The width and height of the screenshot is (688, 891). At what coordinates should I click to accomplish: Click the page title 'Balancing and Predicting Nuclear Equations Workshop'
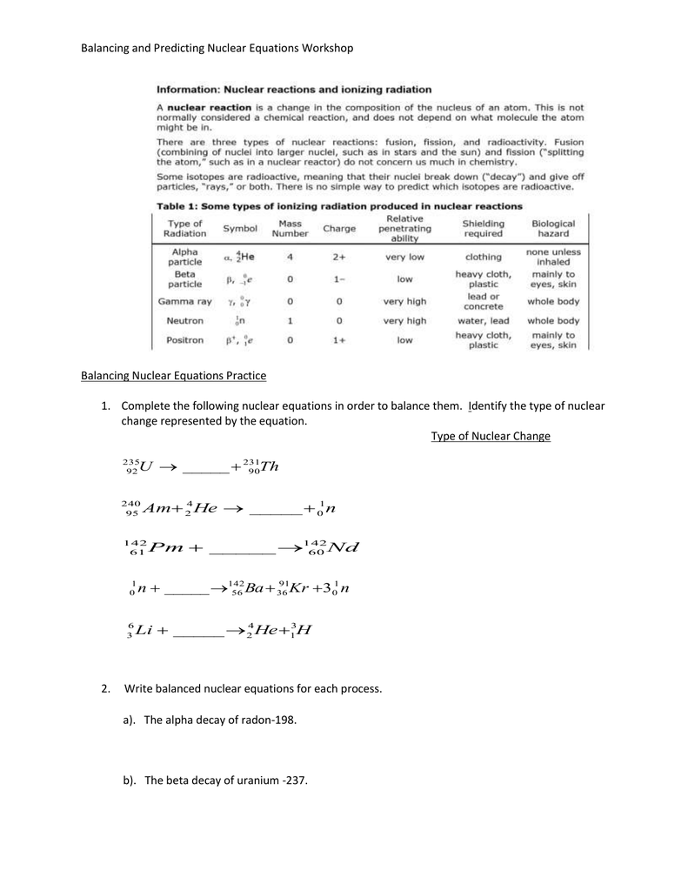pyautogui.click(x=217, y=48)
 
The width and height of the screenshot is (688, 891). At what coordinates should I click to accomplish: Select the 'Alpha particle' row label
pyautogui.click(x=184, y=257)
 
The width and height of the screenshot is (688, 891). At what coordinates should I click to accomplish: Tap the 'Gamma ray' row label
pyautogui.click(x=184, y=301)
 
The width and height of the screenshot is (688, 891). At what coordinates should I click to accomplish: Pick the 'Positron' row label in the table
pyautogui.click(x=184, y=340)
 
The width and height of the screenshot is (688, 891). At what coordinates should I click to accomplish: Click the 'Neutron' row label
pyautogui.click(x=184, y=320)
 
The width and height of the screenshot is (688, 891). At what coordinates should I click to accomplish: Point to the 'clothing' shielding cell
pyautogui.click(x=483, y=257)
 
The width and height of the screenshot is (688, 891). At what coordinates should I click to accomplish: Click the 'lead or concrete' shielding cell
pyautogui.click(x=483, y=301)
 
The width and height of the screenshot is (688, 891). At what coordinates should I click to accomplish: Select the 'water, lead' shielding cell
pyautogui.click(x=483, y=320)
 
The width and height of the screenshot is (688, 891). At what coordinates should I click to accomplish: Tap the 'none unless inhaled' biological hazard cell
pyautogui.click(x=553, y=257)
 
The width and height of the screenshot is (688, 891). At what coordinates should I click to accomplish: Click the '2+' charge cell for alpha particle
pyautogui.click(x=338, y=257)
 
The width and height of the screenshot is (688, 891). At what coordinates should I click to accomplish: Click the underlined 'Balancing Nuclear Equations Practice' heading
pyautogui.click(x=173, y=376)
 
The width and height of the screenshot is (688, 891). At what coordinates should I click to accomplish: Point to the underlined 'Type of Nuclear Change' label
pyautogui.click(x=491, y=436)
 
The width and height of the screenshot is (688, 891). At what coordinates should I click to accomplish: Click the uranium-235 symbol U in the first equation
pyautogui.click(x=145, y=468)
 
